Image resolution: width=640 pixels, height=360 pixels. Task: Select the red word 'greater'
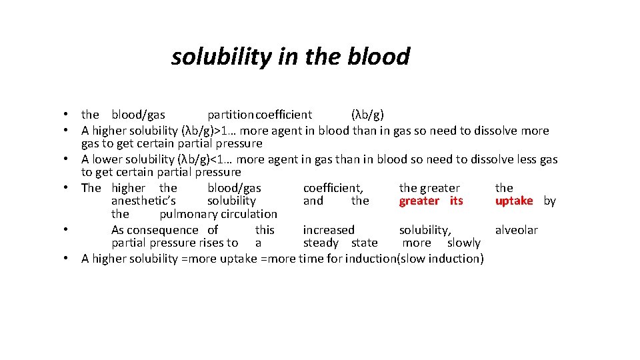click(x=419, y=201)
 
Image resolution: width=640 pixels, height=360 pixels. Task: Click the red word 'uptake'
click(x=514, y=201)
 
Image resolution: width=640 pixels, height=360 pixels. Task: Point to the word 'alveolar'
click(x=516, y=230)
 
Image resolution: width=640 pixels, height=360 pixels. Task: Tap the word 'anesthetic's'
click(x=143, y=201)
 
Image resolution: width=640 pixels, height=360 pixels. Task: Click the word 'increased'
click(x=329, y=230)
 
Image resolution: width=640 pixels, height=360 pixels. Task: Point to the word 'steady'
click(x=321, y=243)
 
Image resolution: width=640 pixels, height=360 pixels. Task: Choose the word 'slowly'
click(x=463, y=243)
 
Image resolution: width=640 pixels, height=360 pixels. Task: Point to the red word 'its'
click(x=456, y=201)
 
